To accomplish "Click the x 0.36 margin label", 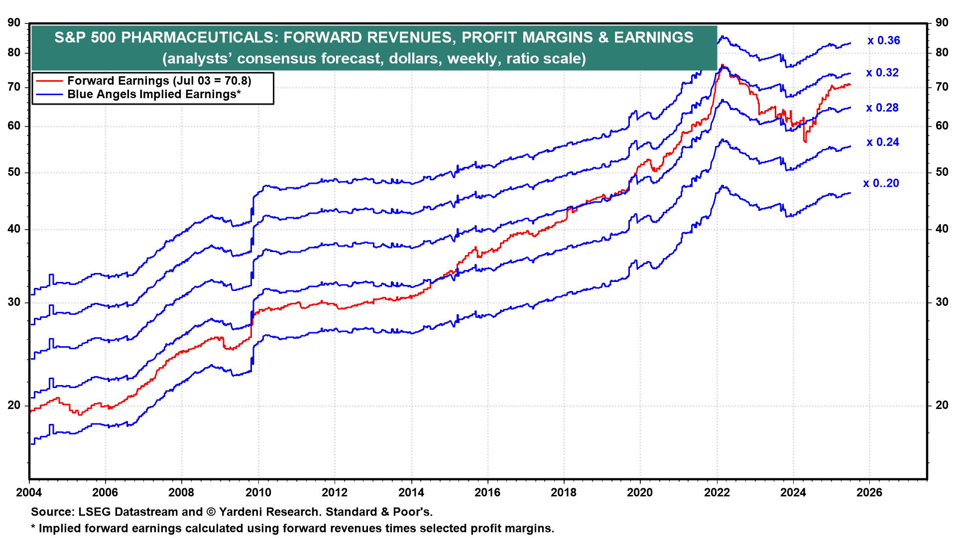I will (883, 41).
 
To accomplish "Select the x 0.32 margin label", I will (882, 73).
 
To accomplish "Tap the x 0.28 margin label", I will (882, 108).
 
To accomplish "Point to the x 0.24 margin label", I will (882, 142).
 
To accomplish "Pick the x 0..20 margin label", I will (881, 183).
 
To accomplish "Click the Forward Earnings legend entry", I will (159, 81).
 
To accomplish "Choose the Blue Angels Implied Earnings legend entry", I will (154, 94).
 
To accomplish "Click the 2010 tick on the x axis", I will (258, 493).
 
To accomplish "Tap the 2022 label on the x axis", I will (717, 493).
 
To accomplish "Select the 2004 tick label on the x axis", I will (29, 493).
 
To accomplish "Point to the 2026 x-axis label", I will (869, 493).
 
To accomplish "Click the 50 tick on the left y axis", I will (14, 172).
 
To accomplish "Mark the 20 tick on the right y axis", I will (942, 405).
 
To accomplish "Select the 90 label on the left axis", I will (14, 23).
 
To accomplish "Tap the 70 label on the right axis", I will (942, 87).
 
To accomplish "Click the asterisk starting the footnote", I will (33, 528).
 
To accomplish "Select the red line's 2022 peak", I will (722, 65).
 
